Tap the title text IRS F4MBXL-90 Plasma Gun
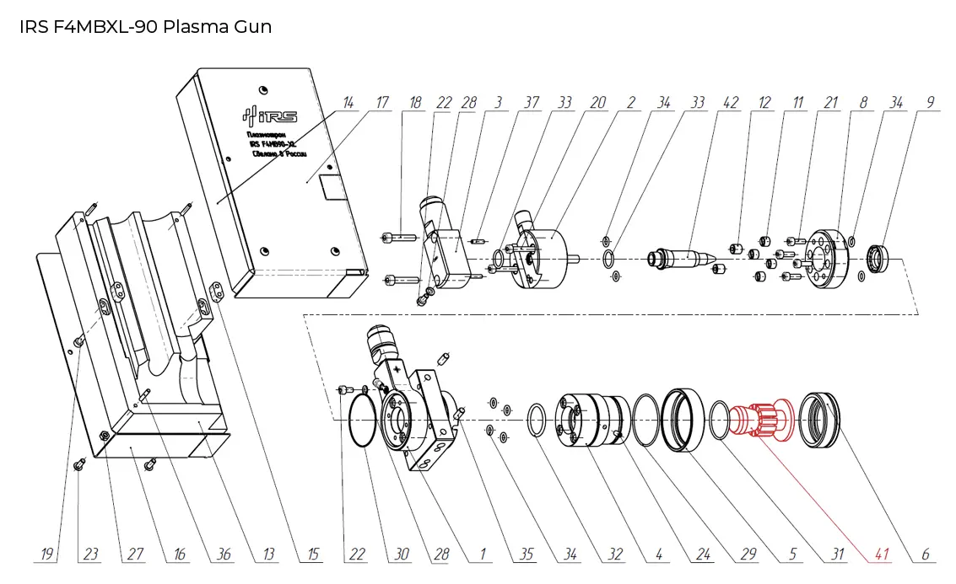(145, 26)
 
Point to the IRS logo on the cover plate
(269, 117)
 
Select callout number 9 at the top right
(929, 103)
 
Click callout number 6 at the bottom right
(925, 555)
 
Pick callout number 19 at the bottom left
(49, 555)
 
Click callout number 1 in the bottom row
(482, 555)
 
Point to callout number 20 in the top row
(597, 103)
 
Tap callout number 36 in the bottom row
(223, 555)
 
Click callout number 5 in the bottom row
(792, 555)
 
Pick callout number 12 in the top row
(764, 103)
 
